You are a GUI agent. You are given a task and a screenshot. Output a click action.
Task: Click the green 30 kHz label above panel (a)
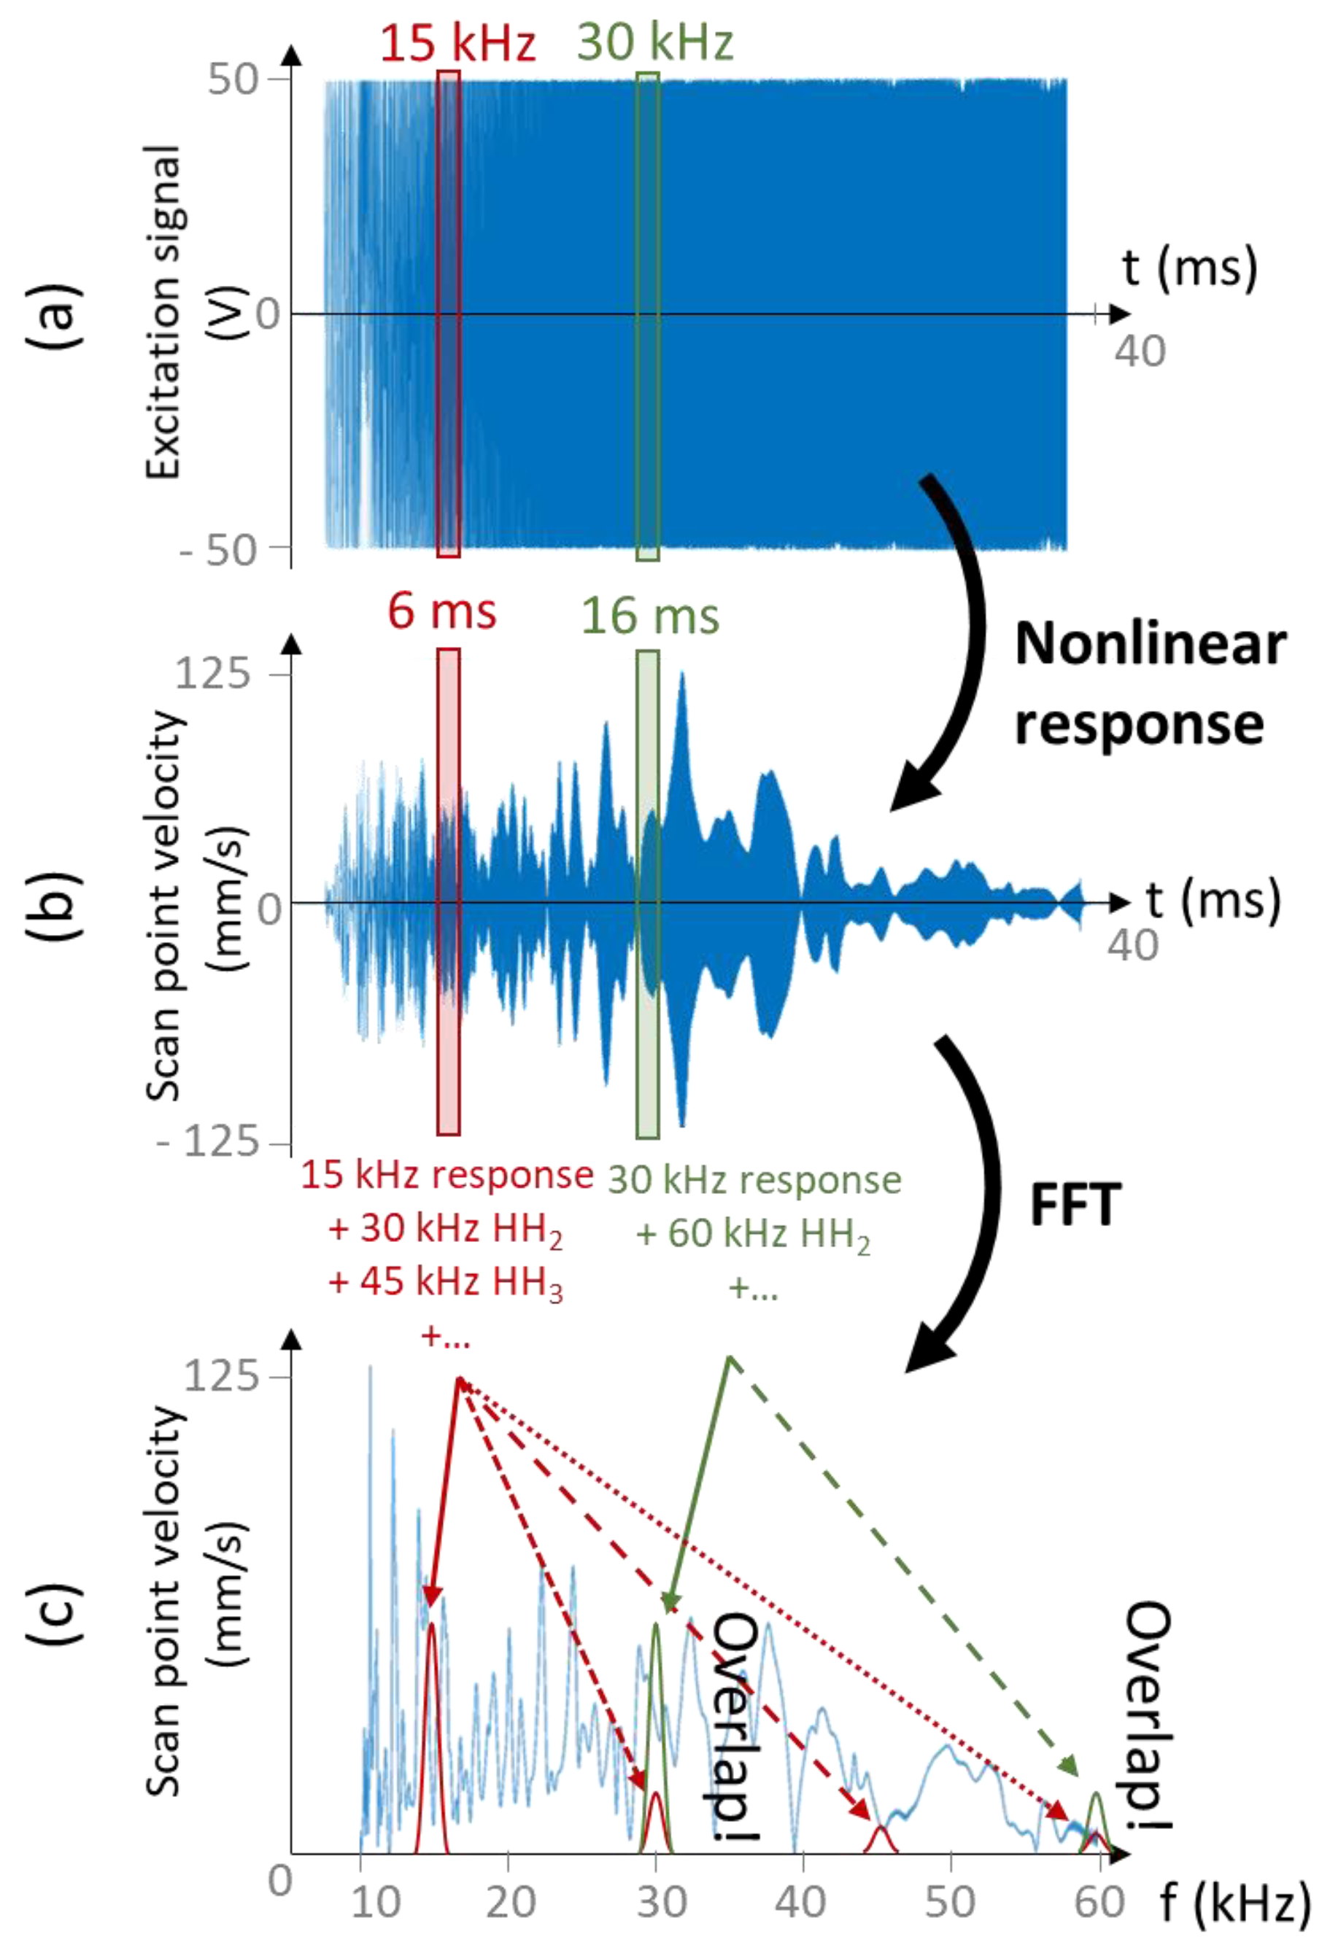655,42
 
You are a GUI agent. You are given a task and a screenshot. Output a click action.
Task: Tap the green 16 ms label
649,616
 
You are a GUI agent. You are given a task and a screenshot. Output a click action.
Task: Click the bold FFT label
1075,1206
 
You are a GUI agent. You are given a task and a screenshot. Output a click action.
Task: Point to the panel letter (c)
57,1611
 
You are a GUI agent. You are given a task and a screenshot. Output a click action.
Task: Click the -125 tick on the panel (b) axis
209,1141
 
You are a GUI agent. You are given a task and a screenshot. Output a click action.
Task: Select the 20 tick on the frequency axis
511,1901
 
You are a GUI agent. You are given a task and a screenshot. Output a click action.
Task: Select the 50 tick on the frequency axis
950,1901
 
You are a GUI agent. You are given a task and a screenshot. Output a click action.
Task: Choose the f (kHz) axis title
1235,1901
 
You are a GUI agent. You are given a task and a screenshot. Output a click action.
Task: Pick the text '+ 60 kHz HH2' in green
754,1235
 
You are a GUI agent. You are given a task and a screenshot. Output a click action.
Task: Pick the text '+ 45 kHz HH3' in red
445,1281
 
